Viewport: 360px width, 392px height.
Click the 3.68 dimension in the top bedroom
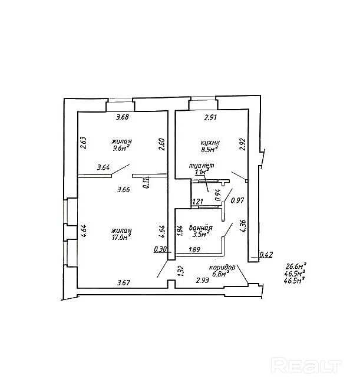[123, 118]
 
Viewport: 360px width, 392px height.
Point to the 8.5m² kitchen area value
[210, 150]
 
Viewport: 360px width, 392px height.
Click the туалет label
[201, 166]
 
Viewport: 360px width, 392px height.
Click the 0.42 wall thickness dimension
[266, 255]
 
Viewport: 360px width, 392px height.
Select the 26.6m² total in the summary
[296, 266]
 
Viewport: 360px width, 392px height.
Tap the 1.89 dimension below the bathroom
[194, 250]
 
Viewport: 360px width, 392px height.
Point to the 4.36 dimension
[242, 226]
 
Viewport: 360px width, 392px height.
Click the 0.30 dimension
[160, 249]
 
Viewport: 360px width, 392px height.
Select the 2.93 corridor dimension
[203, 281]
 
